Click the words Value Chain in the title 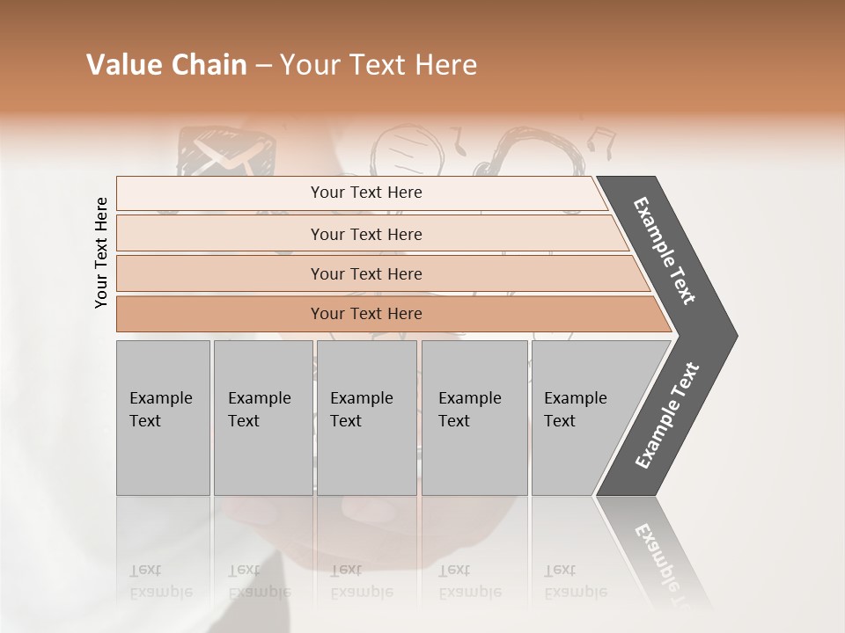(x=166, y=66)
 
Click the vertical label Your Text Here (x=101, y=252)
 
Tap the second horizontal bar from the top (x=365, y=234)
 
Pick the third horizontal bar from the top (x=365, y=273)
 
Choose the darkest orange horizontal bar (x=365, y=314)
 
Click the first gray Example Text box (x=163, y=418)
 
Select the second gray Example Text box (x=262, y=418)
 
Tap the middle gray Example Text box (x=366, y=418)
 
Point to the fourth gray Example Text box (x=474, y=418)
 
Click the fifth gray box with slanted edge (x=585, y=418)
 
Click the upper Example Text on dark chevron (x=665, y=251)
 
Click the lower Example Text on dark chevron (x=667, y=415)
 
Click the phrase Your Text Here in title (x=378, y=66)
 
